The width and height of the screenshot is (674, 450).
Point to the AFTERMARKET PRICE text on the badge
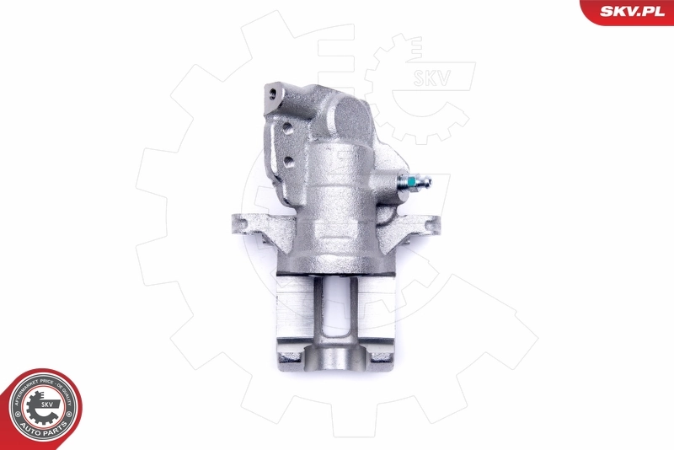click(25, 389)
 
